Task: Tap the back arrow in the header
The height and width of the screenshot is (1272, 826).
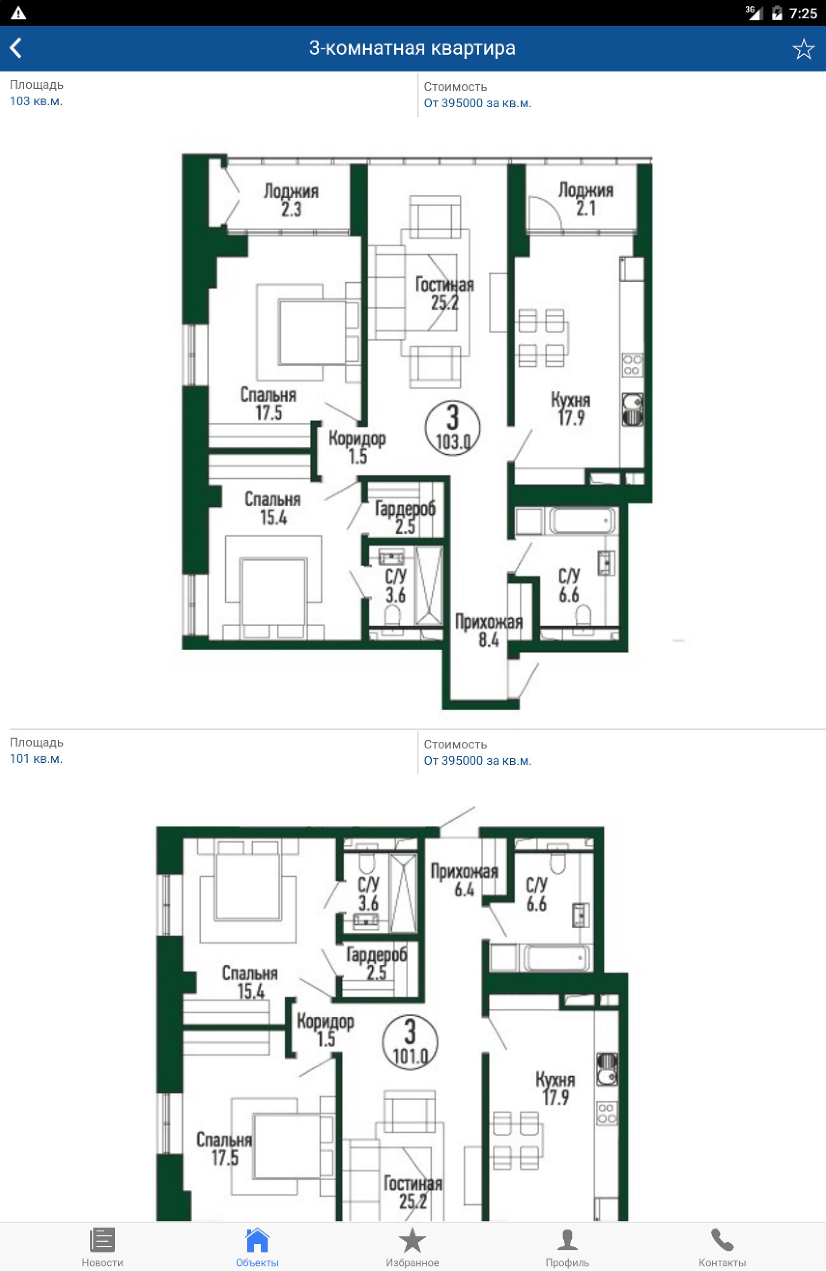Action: pos(15,48)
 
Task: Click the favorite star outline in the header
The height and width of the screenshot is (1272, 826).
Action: pos(803,49)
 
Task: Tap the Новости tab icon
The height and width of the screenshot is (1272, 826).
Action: pos(102,1239)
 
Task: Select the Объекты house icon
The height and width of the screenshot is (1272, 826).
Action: pos(257,1239)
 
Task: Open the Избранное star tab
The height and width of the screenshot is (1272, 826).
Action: pos(412,1239)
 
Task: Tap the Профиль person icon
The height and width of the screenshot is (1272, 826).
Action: pos(567,1239)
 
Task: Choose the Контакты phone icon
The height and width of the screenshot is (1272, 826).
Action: pos(722,1239)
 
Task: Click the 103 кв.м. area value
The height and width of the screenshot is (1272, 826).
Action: pos(36,101)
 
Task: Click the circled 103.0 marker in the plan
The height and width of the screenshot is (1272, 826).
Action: pos(453,427)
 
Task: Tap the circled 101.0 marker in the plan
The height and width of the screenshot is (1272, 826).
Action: pos(410,1042)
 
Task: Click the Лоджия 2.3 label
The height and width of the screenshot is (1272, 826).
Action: pos(291,200)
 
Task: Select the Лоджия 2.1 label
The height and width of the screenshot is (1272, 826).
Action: pos(586,199)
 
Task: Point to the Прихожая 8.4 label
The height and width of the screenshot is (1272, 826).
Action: pos(489,630)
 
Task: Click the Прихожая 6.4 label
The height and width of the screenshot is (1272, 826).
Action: pos(464,880)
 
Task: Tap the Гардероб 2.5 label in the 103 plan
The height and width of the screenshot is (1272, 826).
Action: pos(405,517)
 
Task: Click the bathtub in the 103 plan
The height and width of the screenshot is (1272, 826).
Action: pos(582,521)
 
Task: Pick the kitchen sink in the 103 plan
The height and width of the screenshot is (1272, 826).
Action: pos(632,410)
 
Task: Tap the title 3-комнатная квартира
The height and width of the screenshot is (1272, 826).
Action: pos(412,48)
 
